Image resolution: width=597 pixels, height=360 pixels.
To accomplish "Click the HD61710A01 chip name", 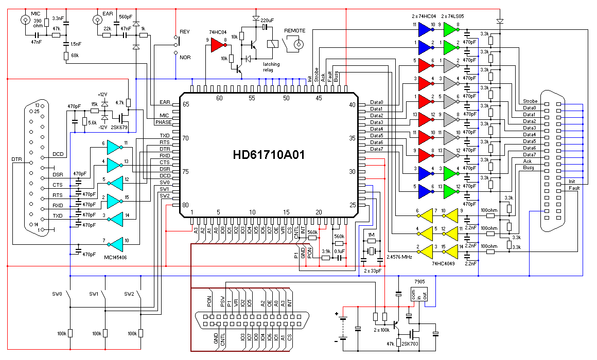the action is click(269, 155).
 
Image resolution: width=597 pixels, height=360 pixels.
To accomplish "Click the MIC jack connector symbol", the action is click(26, 20).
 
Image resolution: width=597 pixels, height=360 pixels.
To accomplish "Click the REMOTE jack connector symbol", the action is click(298, 45).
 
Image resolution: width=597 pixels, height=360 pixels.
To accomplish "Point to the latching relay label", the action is click(271, 67).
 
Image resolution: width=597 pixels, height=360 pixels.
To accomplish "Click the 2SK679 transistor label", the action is click(119, 128).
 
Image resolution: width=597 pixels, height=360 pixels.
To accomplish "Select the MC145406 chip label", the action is click(115, 258).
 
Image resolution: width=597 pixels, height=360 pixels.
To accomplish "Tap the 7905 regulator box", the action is click(419, 295).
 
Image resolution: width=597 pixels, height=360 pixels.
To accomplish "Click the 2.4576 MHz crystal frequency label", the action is click(399, 257).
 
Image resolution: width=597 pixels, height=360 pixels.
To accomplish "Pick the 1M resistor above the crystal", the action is click(371, 241).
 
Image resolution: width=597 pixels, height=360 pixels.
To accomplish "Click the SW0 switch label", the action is click(57, 294).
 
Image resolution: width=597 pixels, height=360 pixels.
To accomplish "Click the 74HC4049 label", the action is click(443, 263).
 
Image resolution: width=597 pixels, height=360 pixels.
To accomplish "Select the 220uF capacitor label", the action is click(267, 20).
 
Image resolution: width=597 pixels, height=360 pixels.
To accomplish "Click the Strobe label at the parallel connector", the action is click(530, 101).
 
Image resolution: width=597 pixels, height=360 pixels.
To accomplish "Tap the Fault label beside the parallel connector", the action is click(574, 188).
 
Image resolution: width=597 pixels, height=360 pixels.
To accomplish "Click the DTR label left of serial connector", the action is click(17, 159).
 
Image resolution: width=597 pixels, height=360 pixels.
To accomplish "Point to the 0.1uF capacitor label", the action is click(339, 251).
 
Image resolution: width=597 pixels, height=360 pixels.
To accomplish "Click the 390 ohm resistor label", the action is click(38, 23).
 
